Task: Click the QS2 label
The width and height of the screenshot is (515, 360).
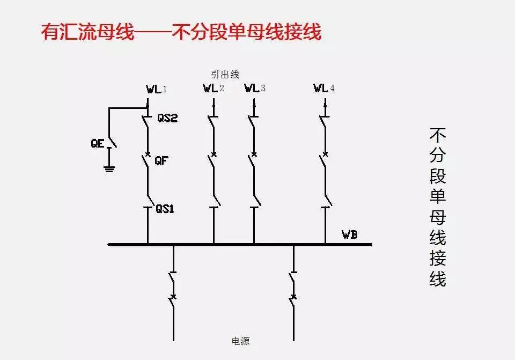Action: [x=167, y=119]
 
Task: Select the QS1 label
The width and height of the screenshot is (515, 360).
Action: [x=165, y=209]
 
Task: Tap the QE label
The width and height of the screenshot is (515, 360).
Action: [x=97, y=144]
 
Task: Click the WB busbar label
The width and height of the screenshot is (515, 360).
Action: [x=350, y=234]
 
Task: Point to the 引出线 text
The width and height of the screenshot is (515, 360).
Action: [x=225, y=75]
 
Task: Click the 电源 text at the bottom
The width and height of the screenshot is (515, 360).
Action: [x=240, y=341]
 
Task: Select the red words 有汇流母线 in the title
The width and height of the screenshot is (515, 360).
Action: [x=87, y=32]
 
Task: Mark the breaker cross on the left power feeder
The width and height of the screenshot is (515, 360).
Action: [x=173, y=296]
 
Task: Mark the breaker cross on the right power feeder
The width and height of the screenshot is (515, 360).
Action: [x=293, y=296]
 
